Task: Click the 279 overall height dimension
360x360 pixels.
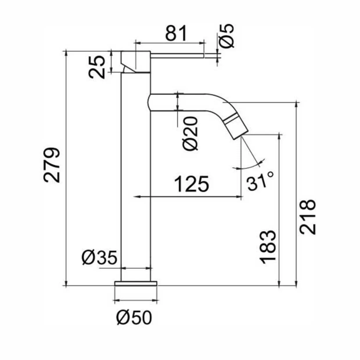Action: (52, 165)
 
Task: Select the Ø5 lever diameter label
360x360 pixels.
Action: (226, 36)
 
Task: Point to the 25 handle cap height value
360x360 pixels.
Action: (97, 67)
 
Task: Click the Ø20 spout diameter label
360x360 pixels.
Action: (190, 133)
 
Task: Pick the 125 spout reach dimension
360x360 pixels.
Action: (191, 184)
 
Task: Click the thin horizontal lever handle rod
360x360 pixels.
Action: (177, 56)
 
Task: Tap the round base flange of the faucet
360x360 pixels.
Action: (136, 283)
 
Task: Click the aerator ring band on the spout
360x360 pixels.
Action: (231, 118)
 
